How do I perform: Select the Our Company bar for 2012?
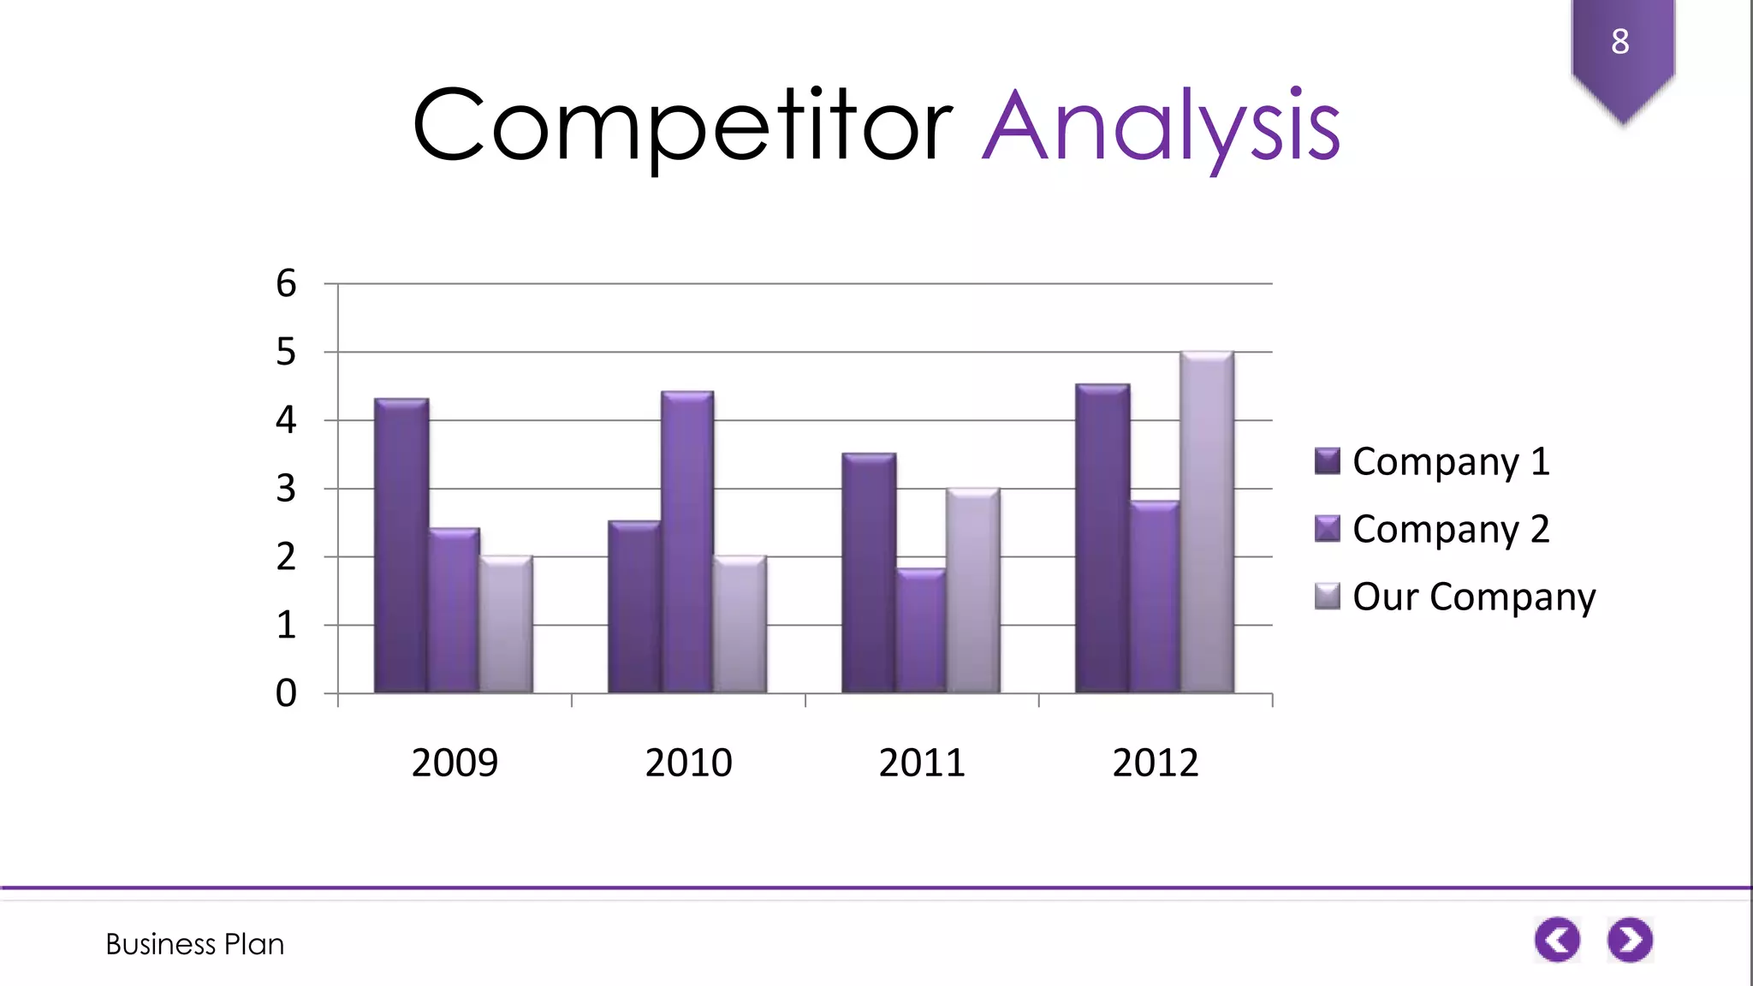tap(1207, 522)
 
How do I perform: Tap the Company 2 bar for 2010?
tap(687, 543)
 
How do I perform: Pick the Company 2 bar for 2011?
tap(921, 631)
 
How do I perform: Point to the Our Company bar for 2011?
tap(973, 591)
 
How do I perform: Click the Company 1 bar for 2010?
tap(634, 607)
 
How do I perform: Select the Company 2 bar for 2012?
tap(1155, 597)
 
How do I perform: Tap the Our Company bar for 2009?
tap(506, 625)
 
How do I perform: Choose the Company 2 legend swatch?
tap(1327, 529)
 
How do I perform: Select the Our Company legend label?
tap(1473, 597)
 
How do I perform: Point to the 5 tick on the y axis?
tap(286, 352)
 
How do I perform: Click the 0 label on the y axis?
tap(286, 692)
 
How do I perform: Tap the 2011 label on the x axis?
tap(922, 762)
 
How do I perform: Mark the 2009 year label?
tap(455, 762)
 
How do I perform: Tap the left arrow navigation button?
tap(1557, 940)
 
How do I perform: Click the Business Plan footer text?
tap(195, 944)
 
